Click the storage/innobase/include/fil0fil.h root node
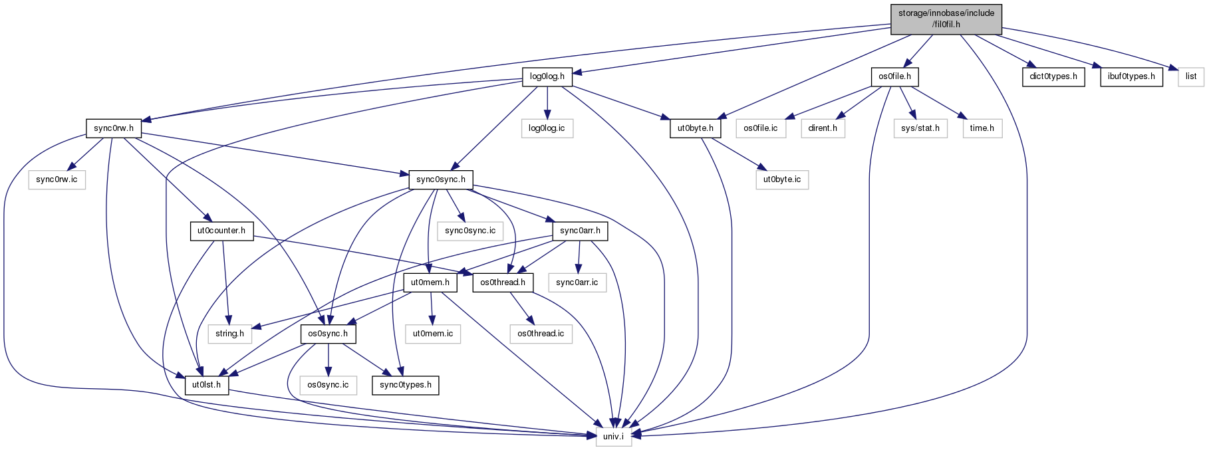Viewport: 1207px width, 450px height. (946, 19)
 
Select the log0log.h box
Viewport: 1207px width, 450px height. (547, 76)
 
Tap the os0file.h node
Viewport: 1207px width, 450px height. (894, 76)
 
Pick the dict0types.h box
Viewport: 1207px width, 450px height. (1053, 76)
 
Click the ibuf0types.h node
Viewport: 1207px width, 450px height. (1132, 76)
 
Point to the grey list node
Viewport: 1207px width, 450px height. (1191, 76)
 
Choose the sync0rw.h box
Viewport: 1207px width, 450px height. (114, 128)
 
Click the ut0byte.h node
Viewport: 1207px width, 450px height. (695, 128)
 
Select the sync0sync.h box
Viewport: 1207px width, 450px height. (441, 179)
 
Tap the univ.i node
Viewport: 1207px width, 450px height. (613, 437)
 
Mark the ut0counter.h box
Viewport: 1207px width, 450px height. (221, 231)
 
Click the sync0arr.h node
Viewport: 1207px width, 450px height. (580, 231)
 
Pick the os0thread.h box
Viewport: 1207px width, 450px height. (503, 282)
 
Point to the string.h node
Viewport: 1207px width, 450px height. (229, 334)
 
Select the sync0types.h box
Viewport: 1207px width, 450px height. (406, 385)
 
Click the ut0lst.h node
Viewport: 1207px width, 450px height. (207, 385)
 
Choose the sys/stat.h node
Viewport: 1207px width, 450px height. (920, 128)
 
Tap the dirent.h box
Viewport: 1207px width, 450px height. (823, 128)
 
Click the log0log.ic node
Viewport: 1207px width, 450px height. (547, 128)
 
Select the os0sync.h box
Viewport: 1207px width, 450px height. (328, 334)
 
